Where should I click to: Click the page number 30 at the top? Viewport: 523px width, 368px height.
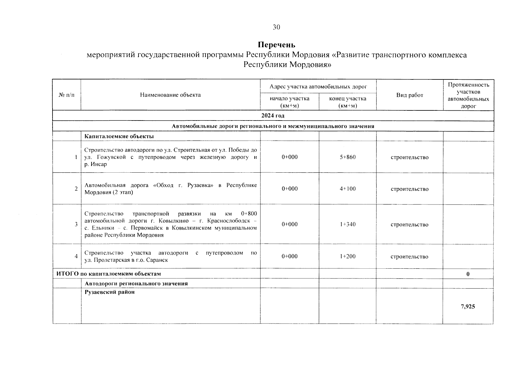(x=276, y=27)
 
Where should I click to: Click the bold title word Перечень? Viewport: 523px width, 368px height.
(x=276, y=45)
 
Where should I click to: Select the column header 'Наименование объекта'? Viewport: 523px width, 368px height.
(x=170, y=95)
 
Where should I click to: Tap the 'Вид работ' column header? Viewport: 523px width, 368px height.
(x=409, y=95)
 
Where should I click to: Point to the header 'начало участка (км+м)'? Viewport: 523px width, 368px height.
(x=290, y=102)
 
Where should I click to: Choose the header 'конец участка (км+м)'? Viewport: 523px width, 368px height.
(x=348, y=102)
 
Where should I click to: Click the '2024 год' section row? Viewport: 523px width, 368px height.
(x=273, y=116)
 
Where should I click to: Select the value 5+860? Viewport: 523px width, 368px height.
(x=348, y=157)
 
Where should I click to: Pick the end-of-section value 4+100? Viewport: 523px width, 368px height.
(x=348, y=189)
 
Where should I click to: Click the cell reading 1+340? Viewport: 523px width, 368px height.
(x=348, y=224)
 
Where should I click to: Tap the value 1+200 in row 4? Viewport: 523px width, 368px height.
(x=348, y=256)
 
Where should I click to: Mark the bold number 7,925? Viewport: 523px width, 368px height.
(x=468, y=306)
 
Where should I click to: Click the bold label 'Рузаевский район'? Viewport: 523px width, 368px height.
(x=110, y=292)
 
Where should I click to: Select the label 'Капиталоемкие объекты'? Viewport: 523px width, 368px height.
(x=119, y=136)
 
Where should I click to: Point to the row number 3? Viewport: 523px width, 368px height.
(x=76, y=224)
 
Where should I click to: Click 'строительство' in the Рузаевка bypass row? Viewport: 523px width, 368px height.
(x=409, y=189)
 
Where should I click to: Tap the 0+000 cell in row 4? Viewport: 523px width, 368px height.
(x=290, y=256)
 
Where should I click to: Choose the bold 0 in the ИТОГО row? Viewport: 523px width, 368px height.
(x=468, y=274)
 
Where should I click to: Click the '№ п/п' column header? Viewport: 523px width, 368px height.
(x=66, y=95)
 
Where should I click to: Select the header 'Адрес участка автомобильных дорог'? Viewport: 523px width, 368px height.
(x=318, y=87)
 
